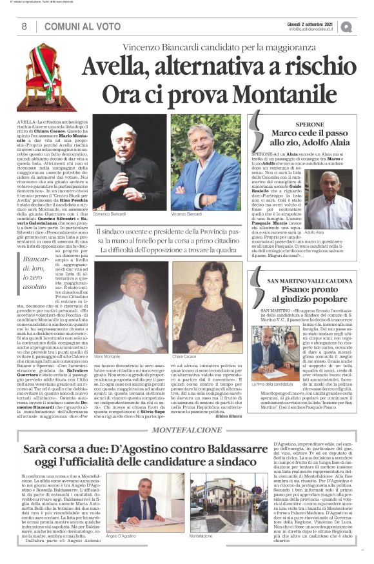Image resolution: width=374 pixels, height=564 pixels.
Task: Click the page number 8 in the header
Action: coord(24,26)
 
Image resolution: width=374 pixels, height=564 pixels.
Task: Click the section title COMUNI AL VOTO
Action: coord(74,26)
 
